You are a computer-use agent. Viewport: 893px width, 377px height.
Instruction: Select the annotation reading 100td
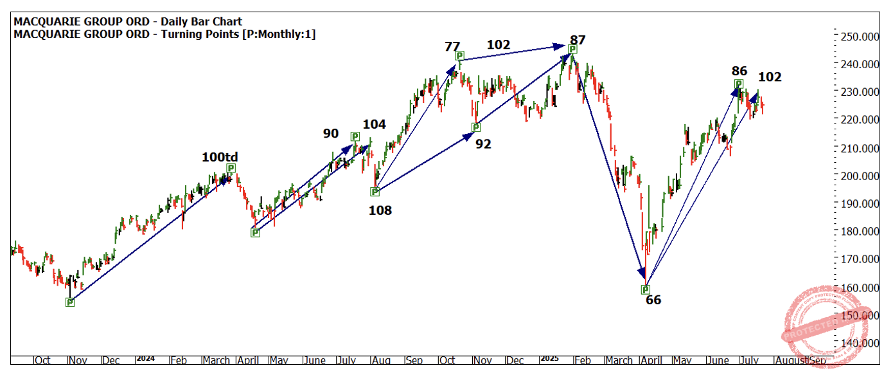220,156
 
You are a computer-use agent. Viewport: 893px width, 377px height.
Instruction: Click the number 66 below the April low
653,300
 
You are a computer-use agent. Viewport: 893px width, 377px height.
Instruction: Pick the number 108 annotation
380,210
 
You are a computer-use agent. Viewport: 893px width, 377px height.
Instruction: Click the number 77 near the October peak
452,46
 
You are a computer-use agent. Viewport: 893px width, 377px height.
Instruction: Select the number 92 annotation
483,144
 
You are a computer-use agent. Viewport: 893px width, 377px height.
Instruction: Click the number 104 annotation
375,125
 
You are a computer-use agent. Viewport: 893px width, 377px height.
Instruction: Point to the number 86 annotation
739,71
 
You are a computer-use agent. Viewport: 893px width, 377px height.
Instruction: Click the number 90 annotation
331,133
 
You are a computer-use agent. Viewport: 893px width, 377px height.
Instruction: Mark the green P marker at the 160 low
646,290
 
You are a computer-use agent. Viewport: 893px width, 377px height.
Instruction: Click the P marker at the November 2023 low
70,302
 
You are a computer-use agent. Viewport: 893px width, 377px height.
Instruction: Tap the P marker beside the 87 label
572,49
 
